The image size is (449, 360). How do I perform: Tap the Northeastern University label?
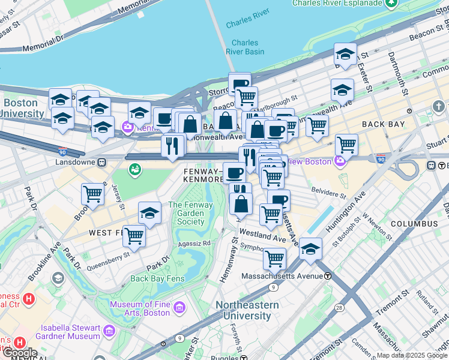(247, 310)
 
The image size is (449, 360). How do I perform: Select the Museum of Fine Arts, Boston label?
(139, 308)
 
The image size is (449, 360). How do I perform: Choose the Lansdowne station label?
(72, 161)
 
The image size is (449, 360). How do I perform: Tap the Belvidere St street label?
(327, 195)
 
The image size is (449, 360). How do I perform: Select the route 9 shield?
(273, 287)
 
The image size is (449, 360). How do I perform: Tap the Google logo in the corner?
(19, 353)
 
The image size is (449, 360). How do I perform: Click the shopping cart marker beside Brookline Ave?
(93, 194)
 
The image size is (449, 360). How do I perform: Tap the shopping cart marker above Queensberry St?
(134, 235)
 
